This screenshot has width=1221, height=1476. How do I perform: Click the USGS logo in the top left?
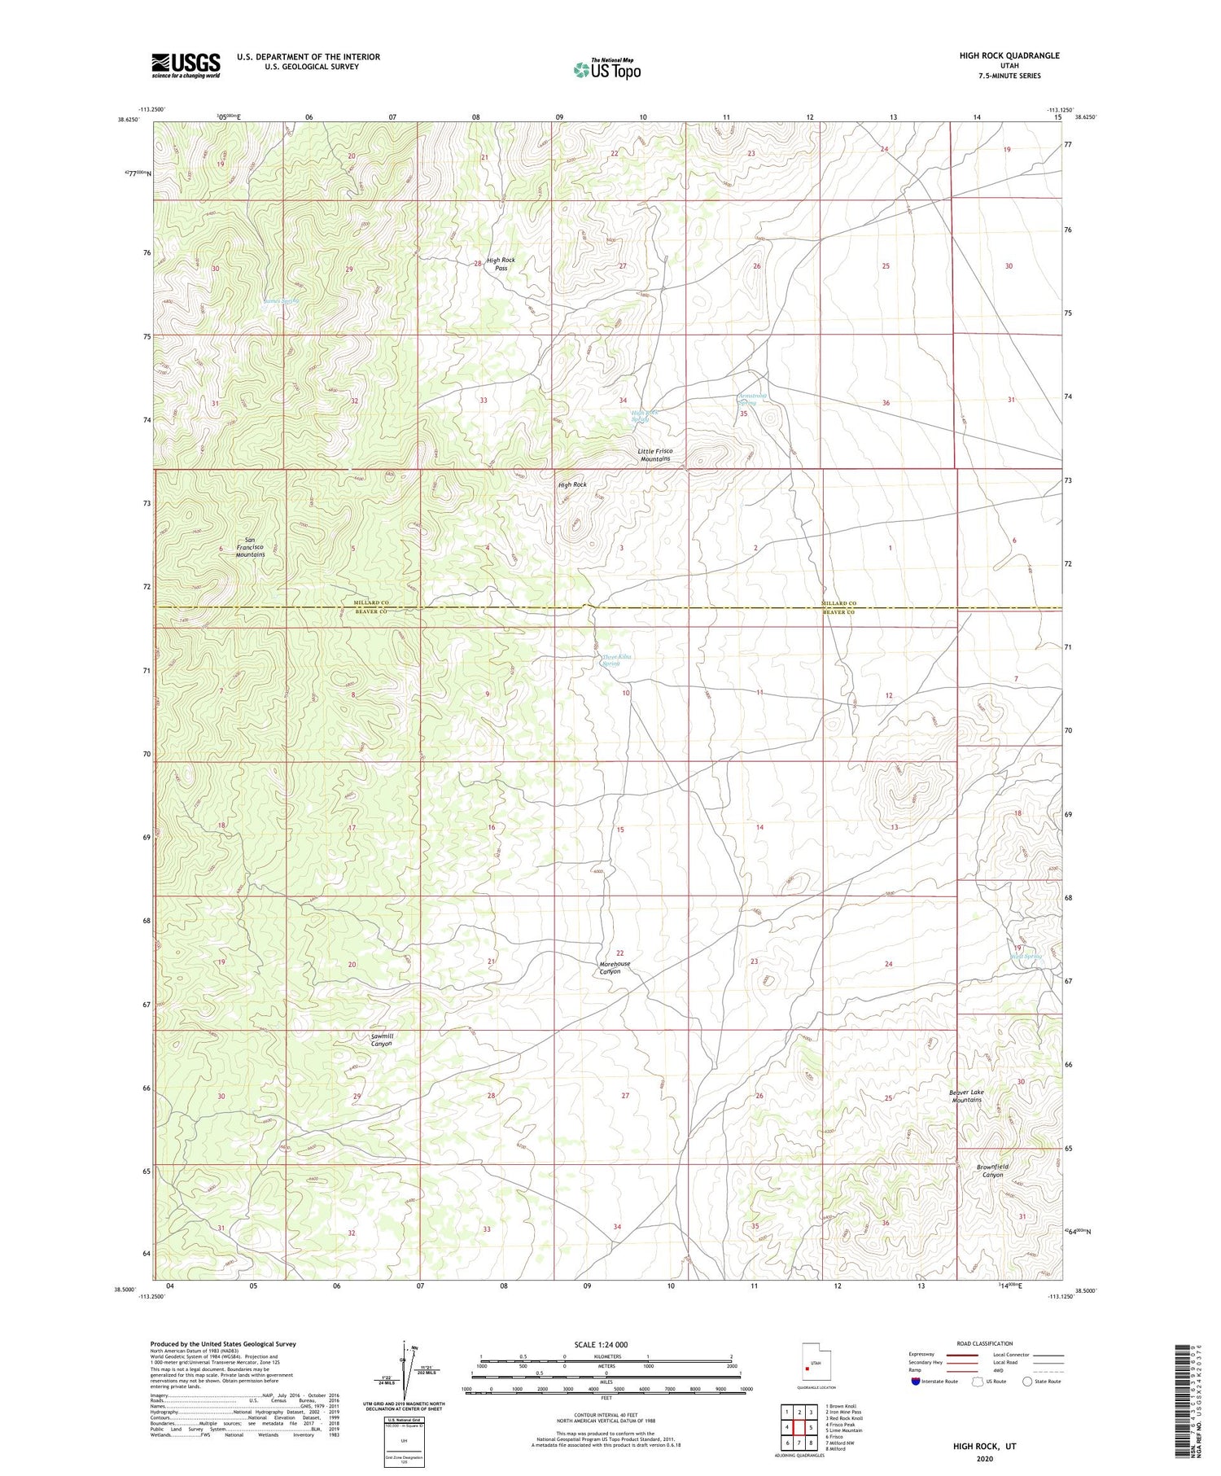(186, 65)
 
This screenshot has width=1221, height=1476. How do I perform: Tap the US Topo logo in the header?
(606, 70)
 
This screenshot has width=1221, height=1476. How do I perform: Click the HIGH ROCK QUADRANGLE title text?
(1009, 55)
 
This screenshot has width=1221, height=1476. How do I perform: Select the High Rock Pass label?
(501, 264)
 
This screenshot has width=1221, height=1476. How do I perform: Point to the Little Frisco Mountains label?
(654, 454)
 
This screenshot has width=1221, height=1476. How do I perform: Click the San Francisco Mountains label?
(250, 547)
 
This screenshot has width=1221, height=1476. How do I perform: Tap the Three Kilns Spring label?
(616, 659)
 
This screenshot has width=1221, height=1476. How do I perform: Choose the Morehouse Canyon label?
(615, 967)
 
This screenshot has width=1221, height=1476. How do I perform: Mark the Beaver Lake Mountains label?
(966, 1096)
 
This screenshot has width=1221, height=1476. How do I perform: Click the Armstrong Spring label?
(751, 399)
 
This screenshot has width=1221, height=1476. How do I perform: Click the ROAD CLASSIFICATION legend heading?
(984, 1343)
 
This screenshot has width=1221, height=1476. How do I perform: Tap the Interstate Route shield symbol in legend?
(916, 1381)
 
